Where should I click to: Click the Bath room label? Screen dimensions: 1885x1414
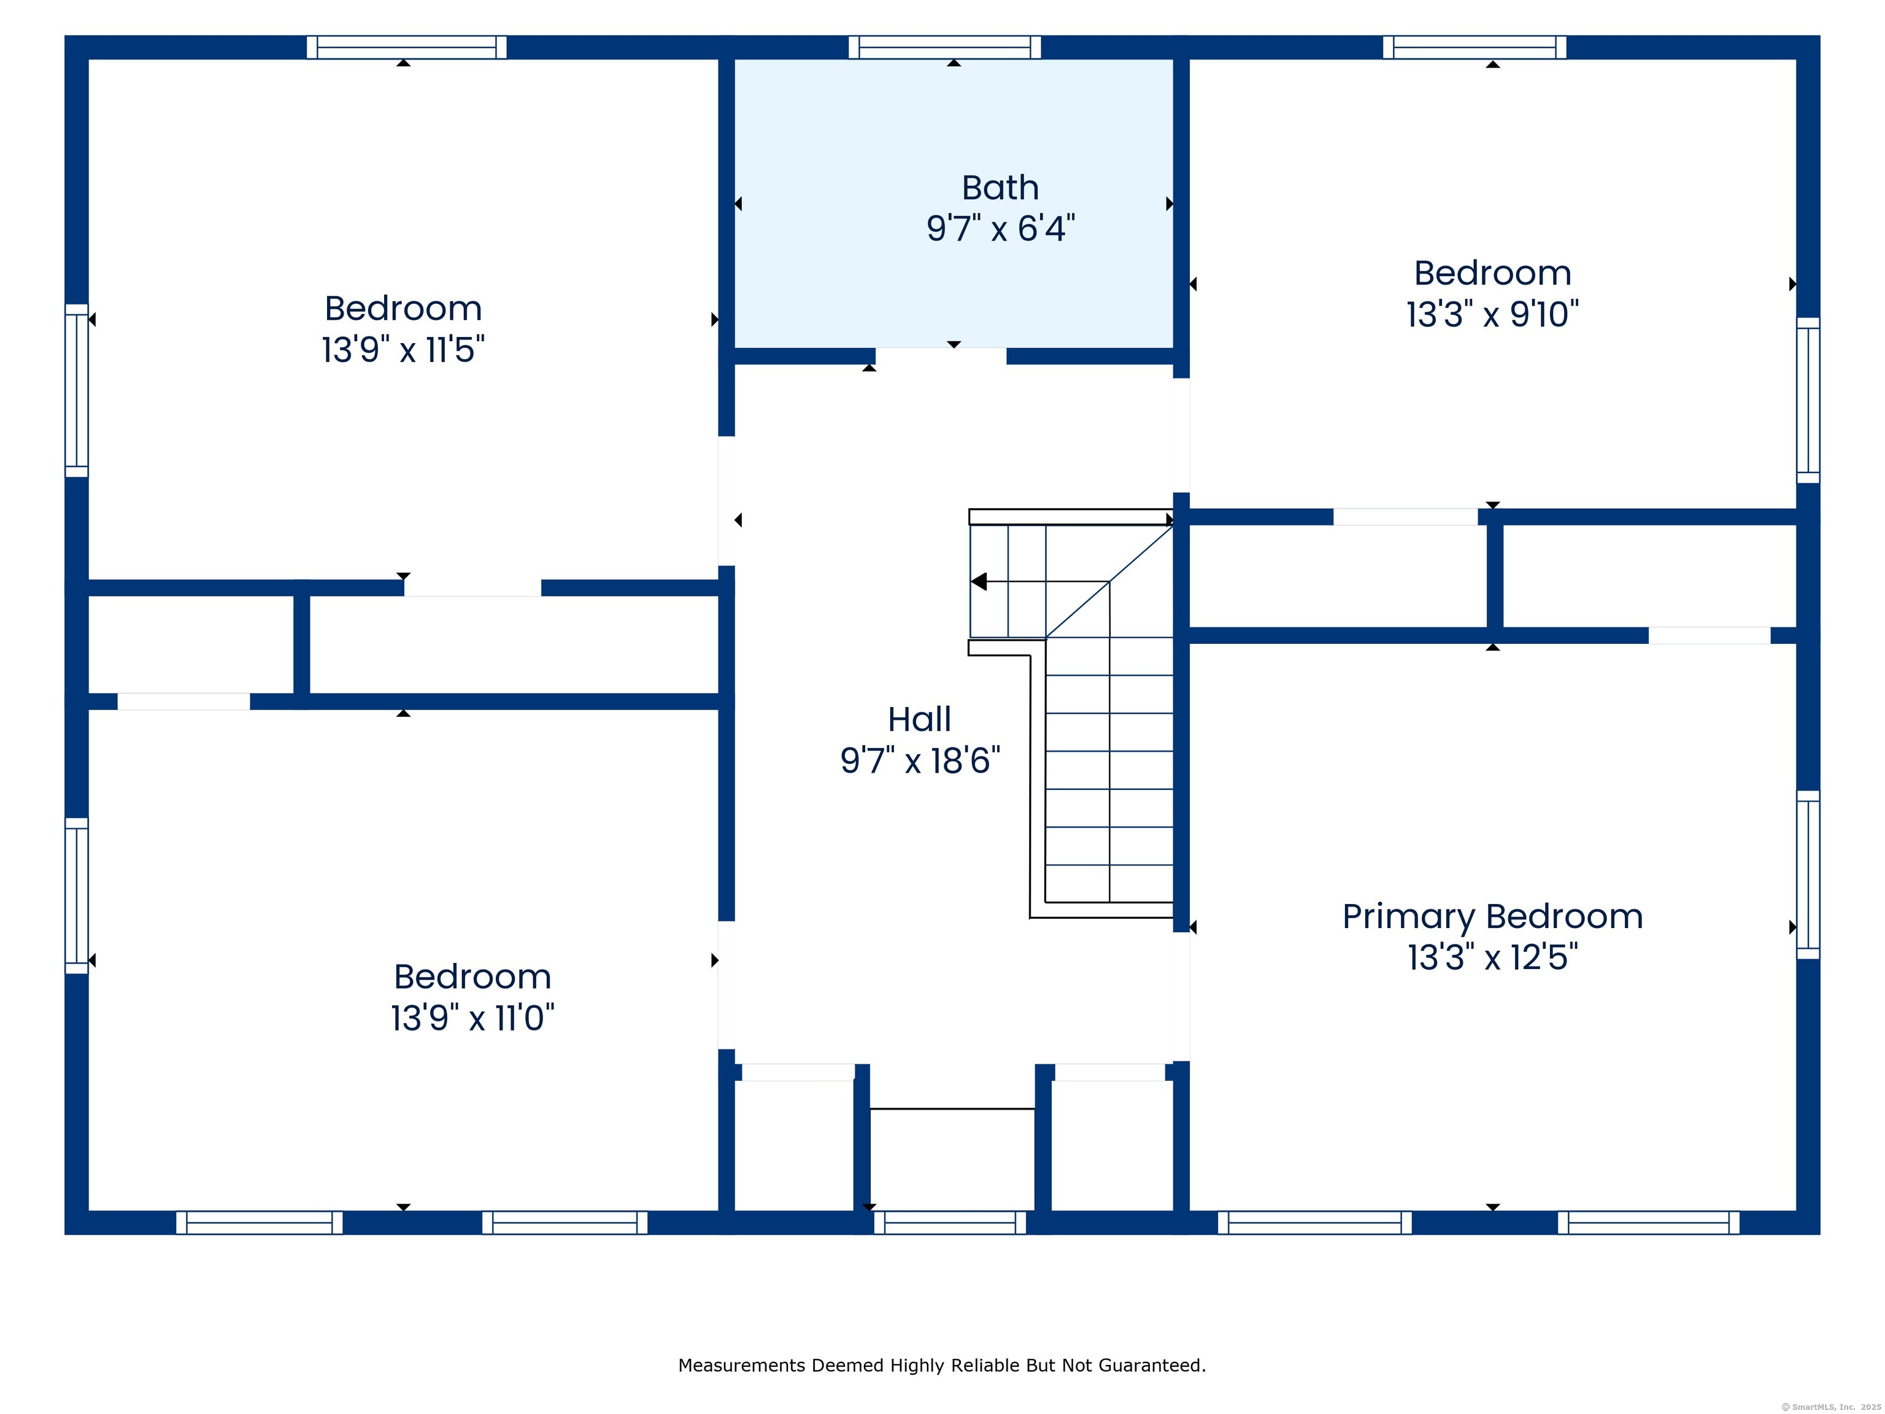pyautogui.click(x=1000, y=188)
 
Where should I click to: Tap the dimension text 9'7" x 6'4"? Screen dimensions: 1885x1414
pyautogui.click(x=1000, y=228)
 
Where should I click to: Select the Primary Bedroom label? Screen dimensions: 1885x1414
pyautogui.click(x=1492, y=917)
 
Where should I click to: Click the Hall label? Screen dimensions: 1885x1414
pyautogui.click(x=920, y=719)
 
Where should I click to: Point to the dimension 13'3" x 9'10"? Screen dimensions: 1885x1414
pyautogui.click(x=1492, y=314)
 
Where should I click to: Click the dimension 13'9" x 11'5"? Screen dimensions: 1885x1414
pyautogui.click(x=403, y=349)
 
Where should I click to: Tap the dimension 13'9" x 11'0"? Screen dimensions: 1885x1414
pyautogui.click(x=472, y=1018)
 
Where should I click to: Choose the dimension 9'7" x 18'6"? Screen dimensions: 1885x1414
pyautogui.click(x=920, y=760)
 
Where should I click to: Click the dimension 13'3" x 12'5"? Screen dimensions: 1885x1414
pyautogui.click(x=1492, y=957)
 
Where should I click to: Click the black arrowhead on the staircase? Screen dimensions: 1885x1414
pyautogui.click(x=979, y=581)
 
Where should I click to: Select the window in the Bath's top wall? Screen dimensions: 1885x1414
pyautogui.click(x=945, y=47)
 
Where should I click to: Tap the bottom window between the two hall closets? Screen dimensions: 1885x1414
pyautogui.click(x=950, y=1223)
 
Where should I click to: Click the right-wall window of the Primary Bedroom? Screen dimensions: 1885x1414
pyautogui.click(x=1808, y=875)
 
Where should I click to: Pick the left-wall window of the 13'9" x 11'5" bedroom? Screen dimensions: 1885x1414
pyautogui.click(x=77, y=390)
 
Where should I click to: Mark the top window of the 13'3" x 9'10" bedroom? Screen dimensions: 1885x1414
pyautogui.click(x=1474, y=47)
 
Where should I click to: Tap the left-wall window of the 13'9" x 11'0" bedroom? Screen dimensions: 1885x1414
pyautogui.click(x=77, y=896)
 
